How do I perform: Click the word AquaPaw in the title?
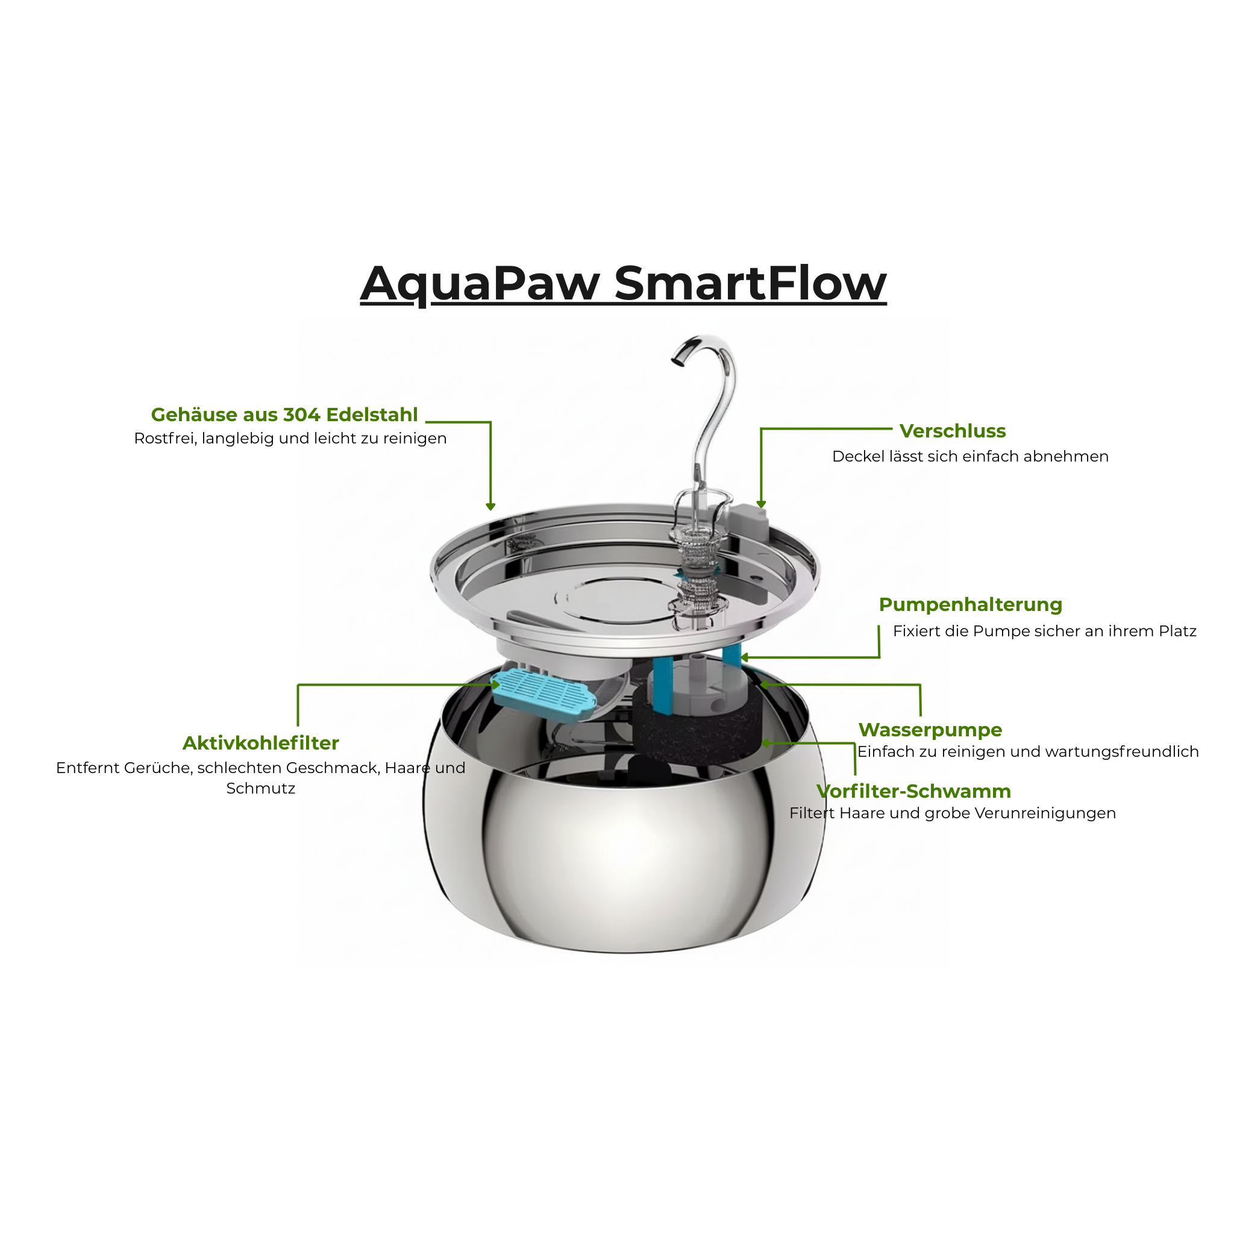[480, 284]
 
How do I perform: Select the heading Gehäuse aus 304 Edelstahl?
[284, 415]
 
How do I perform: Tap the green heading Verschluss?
[953, 431]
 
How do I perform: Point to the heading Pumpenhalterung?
[970, 605]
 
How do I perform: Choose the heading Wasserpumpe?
[930, 730]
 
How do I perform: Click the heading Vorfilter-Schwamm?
[913, 791]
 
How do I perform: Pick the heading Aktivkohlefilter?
[260, 743]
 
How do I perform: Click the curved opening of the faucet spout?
[678, 360]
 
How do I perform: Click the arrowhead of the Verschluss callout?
[761, 504]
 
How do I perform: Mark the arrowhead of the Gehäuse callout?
[490, 507]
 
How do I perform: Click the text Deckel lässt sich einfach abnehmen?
[970, 456]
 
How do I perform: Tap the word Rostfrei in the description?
[164, 439]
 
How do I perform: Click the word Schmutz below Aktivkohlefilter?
[260, 788]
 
